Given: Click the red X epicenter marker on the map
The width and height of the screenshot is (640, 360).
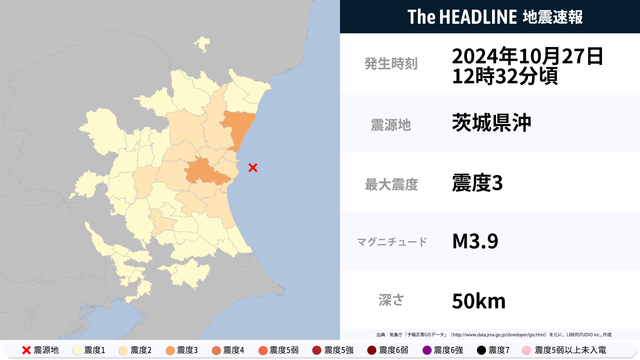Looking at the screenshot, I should [252, 168].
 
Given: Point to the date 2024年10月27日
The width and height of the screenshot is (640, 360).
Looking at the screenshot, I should [527, 55].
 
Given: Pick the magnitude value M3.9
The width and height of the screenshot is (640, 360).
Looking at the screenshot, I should [476, 242].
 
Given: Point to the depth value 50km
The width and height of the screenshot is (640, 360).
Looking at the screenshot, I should [478, 300].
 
